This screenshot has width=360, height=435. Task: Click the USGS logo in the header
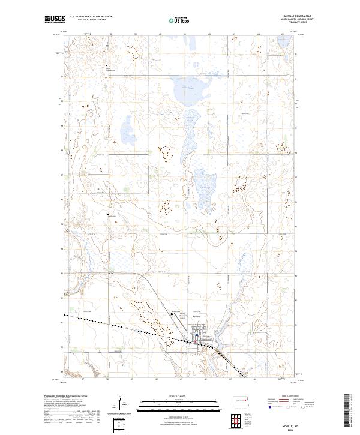click(55, 20)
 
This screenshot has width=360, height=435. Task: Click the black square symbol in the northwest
click(107, 67)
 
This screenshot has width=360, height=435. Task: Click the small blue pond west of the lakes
click(128, 127)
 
